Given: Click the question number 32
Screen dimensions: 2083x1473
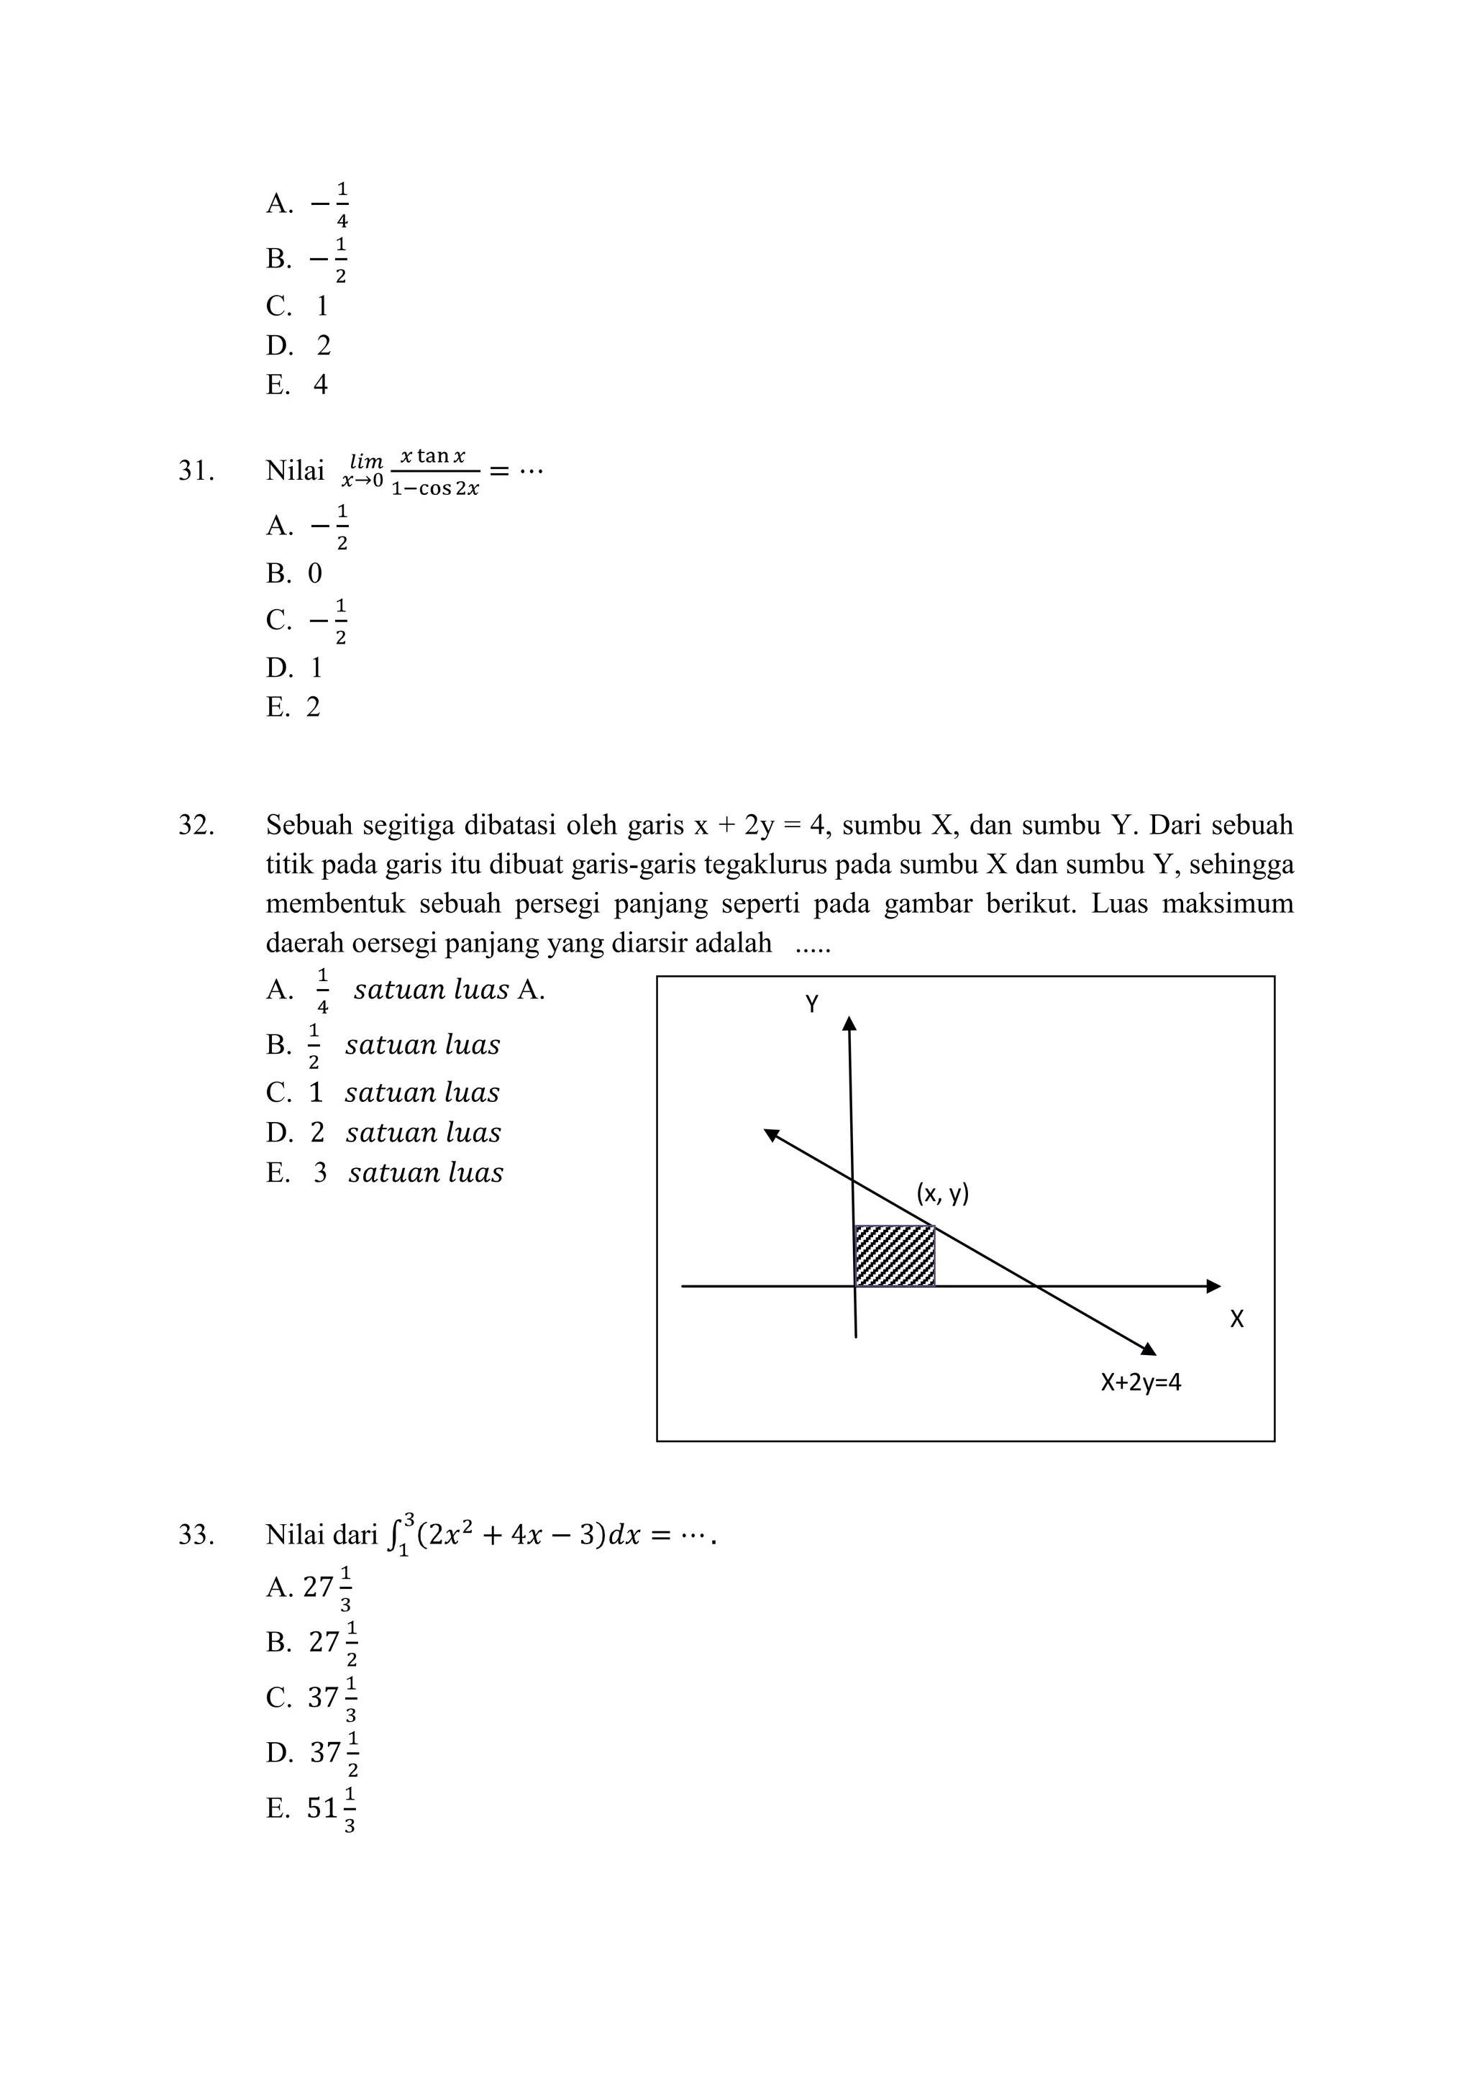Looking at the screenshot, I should (196, 825).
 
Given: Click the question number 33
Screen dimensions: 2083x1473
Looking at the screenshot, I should (196, 1534).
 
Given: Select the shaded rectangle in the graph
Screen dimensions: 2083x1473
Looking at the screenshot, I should (894, 1256).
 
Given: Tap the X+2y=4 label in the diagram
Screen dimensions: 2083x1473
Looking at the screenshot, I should (1140, 1382).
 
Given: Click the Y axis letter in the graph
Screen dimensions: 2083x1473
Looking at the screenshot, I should (812, 1004).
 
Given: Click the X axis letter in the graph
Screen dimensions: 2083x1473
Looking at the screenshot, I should (1236, 1319).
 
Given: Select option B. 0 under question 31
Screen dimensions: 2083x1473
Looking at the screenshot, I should (294, 573).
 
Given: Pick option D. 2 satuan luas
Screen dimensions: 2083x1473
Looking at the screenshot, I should (383, 1132).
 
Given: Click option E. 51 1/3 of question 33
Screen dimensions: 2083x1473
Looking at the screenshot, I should (311, 1808).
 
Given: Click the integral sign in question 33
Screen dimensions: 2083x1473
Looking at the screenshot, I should (393, 1534).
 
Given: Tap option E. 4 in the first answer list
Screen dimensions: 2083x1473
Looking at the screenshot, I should (296, 385).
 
